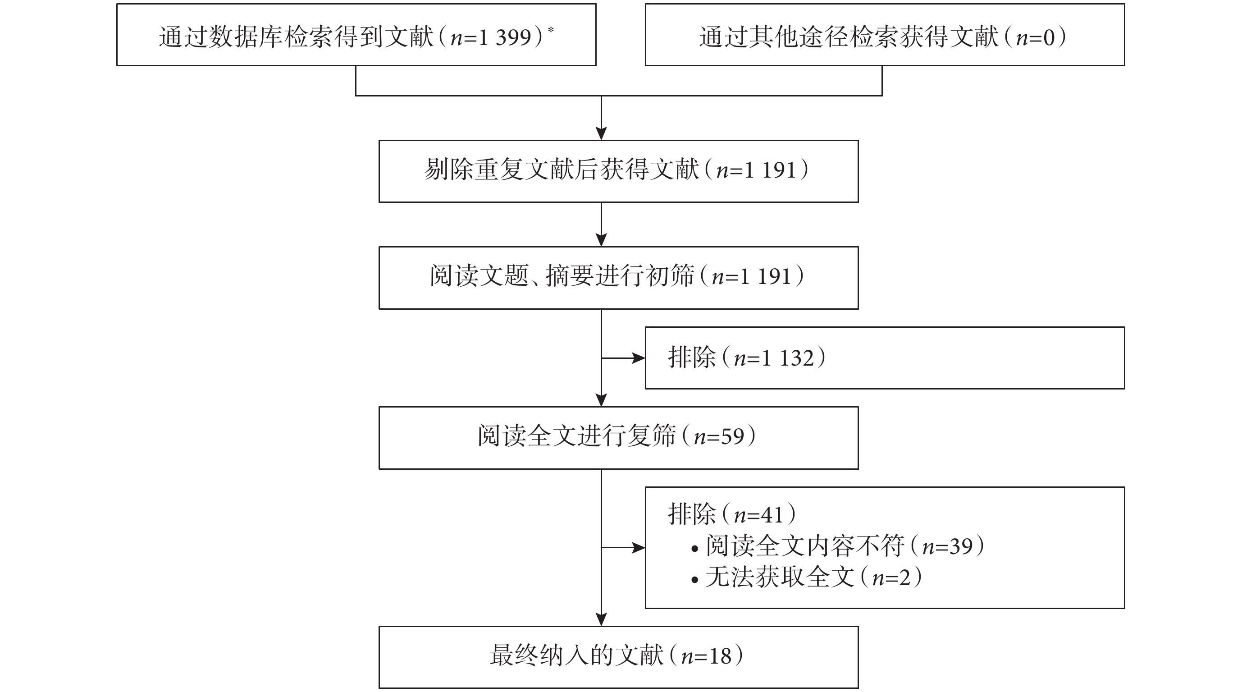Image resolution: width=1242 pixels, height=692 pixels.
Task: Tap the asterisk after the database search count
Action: (x=551, y=30)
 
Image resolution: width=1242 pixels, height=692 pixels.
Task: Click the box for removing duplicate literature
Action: (x=618, y=171)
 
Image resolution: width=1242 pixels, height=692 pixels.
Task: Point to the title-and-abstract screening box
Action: (x=618, y=278)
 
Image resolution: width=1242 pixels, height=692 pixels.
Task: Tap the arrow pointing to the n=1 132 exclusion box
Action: (x=623, y=358)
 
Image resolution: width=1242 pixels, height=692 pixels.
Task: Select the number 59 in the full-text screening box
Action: (x=732, y=436)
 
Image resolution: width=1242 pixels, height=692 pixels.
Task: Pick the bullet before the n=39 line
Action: (x=694, y=549)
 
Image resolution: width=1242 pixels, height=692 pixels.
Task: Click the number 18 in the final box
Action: (x=719, y=656)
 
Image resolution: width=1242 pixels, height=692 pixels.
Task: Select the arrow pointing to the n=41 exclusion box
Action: (x=623, y=548)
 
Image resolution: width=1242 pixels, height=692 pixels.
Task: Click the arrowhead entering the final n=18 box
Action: (x=601, y=620)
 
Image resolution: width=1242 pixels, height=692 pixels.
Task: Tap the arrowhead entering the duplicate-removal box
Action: (x=601, y=133)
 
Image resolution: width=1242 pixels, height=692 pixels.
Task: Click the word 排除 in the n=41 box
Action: (x=691, y=514)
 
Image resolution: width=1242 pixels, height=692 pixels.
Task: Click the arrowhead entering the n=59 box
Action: (x=601, y=400)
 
